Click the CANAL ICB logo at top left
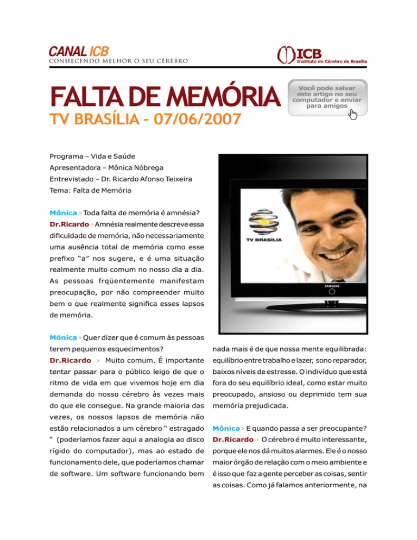tap(79, 52)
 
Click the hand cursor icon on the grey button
tap(353, 114)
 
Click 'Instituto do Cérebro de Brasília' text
tap(332, 61)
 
